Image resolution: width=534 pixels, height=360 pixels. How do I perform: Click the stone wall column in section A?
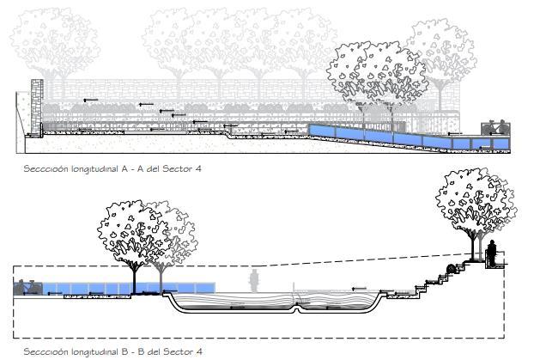tap(36, 107)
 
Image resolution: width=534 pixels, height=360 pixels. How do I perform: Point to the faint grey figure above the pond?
tap(254, 280)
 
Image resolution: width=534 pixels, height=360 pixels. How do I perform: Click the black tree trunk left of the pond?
tap(134, 277)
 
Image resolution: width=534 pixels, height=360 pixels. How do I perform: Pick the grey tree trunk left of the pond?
tap(159, 278)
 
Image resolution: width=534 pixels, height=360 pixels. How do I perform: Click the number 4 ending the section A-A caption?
tap(199, 169)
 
